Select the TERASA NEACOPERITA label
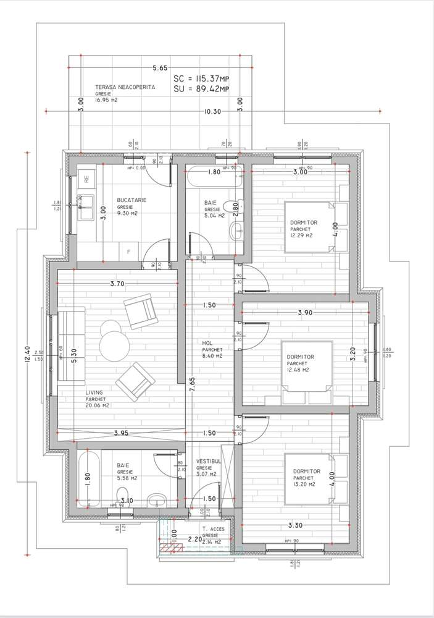pyautogui.click(x=125, y=88)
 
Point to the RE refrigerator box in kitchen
pyautogui.click(x=86, y=181)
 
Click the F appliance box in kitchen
pyautogui.click(x=128, y=252)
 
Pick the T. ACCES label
pyautogui.click(x=213, y=530)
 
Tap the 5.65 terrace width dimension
pyautogui.click(x=160, y=69)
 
